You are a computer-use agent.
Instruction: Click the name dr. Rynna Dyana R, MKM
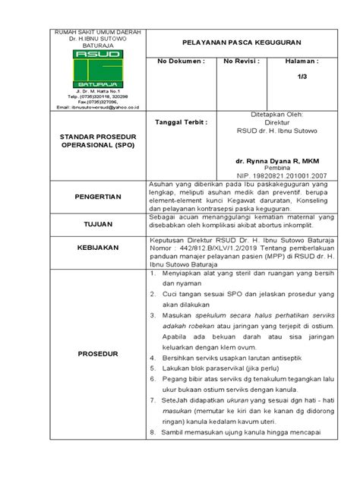coord(277,161)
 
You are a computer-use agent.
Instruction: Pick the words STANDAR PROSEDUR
coord(86,137)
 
